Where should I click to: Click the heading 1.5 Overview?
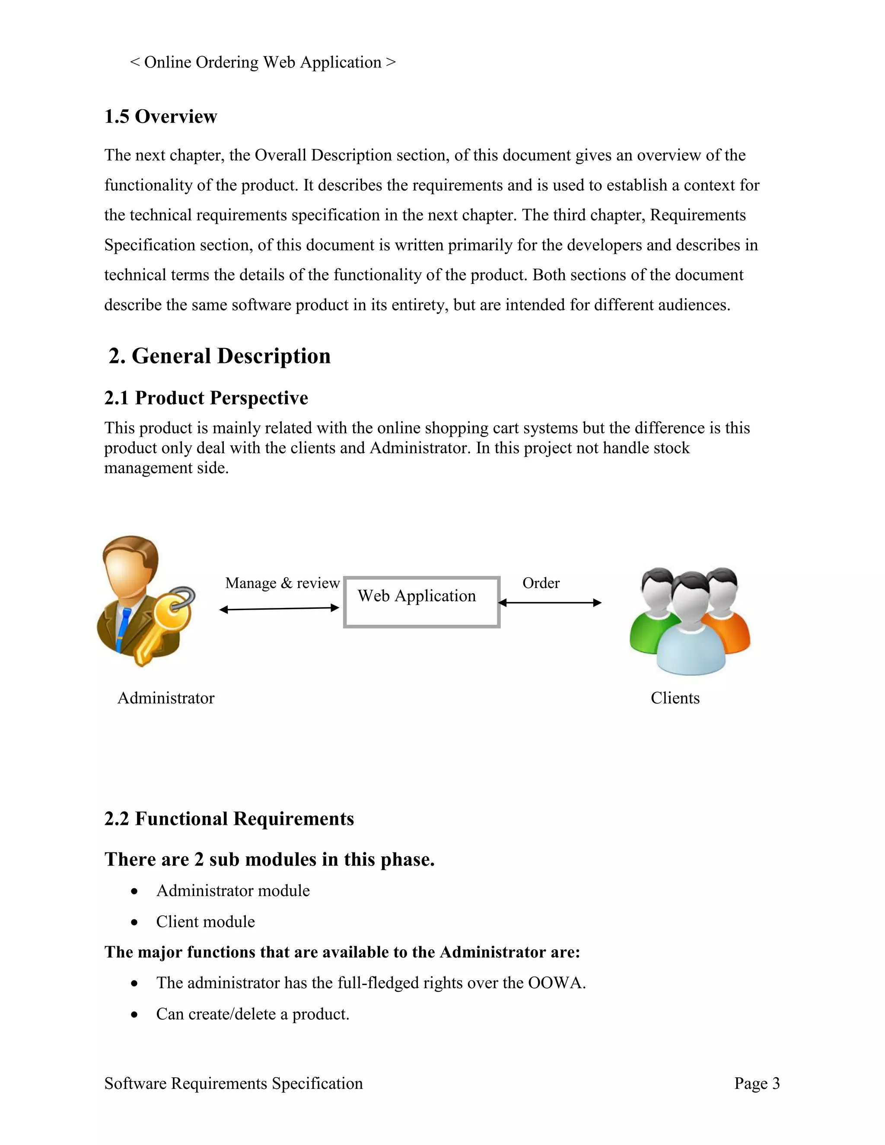[x=160, y=116]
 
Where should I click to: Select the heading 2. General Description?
[x=220, y=356]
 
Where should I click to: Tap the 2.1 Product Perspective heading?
[x=206, y=398]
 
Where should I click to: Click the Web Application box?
[x=421, y=602]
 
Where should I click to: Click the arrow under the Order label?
[x=550, y=603]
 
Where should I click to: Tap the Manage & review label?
[x=283, y=583]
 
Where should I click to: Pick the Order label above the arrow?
[x=541, y=583]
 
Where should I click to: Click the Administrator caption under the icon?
[x=166, y=698]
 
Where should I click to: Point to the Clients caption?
[x=675, y=698]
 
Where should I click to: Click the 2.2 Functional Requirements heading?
[x=229, y=819]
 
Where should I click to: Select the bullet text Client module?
[x=206, y=922]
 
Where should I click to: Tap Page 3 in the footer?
[x=757, y=1084]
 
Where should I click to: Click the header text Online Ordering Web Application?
[x=263, y=62]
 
